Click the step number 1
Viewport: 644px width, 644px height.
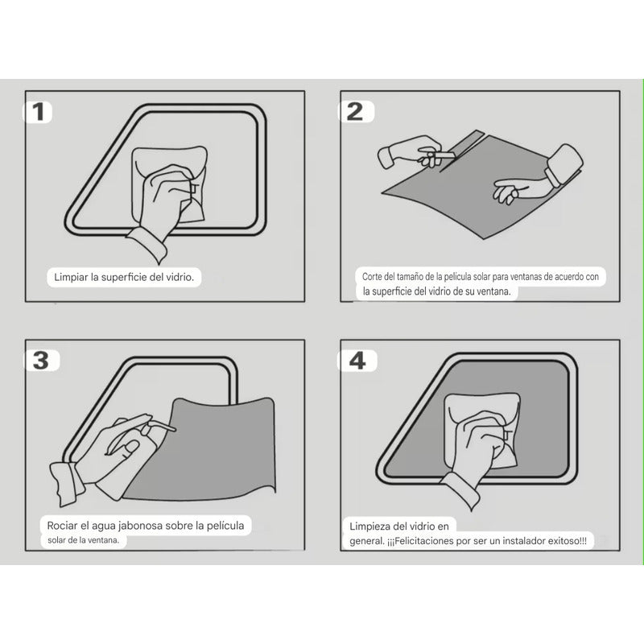click(38, 112)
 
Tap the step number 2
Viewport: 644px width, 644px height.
click(355, 112)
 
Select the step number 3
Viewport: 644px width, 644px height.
click(41, 361)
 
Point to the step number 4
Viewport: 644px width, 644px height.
click(357, 361)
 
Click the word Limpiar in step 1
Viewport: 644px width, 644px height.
click(71, 277)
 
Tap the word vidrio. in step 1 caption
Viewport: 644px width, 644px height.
click(180, 277)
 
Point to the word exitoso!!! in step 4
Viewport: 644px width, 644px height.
click(568, 541)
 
